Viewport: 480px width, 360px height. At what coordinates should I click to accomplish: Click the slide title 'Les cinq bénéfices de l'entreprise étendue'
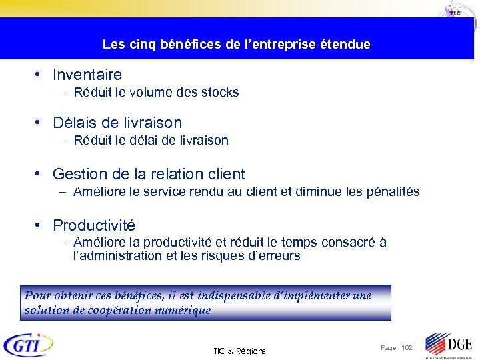tap(236, 45)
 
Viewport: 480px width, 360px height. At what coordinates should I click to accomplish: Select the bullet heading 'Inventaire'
tap(87, 75)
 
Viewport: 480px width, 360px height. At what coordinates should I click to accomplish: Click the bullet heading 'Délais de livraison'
tap(117, 123)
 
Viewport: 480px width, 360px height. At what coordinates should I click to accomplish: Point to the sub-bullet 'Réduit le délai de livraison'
tap(151, 141)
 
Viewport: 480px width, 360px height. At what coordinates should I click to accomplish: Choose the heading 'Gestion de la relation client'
tap(149, 174)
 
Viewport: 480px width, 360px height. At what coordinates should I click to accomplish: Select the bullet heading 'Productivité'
tap(93, 225)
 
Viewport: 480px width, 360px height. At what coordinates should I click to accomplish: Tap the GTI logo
tap(28, 345)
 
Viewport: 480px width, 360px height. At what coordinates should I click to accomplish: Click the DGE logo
tap(449, 345)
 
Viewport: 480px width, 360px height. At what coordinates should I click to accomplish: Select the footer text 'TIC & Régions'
tap(239, 351)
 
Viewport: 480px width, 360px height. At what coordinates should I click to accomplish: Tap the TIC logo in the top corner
tap(456, 13)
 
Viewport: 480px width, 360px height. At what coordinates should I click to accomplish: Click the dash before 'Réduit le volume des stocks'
tap(62, 93)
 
